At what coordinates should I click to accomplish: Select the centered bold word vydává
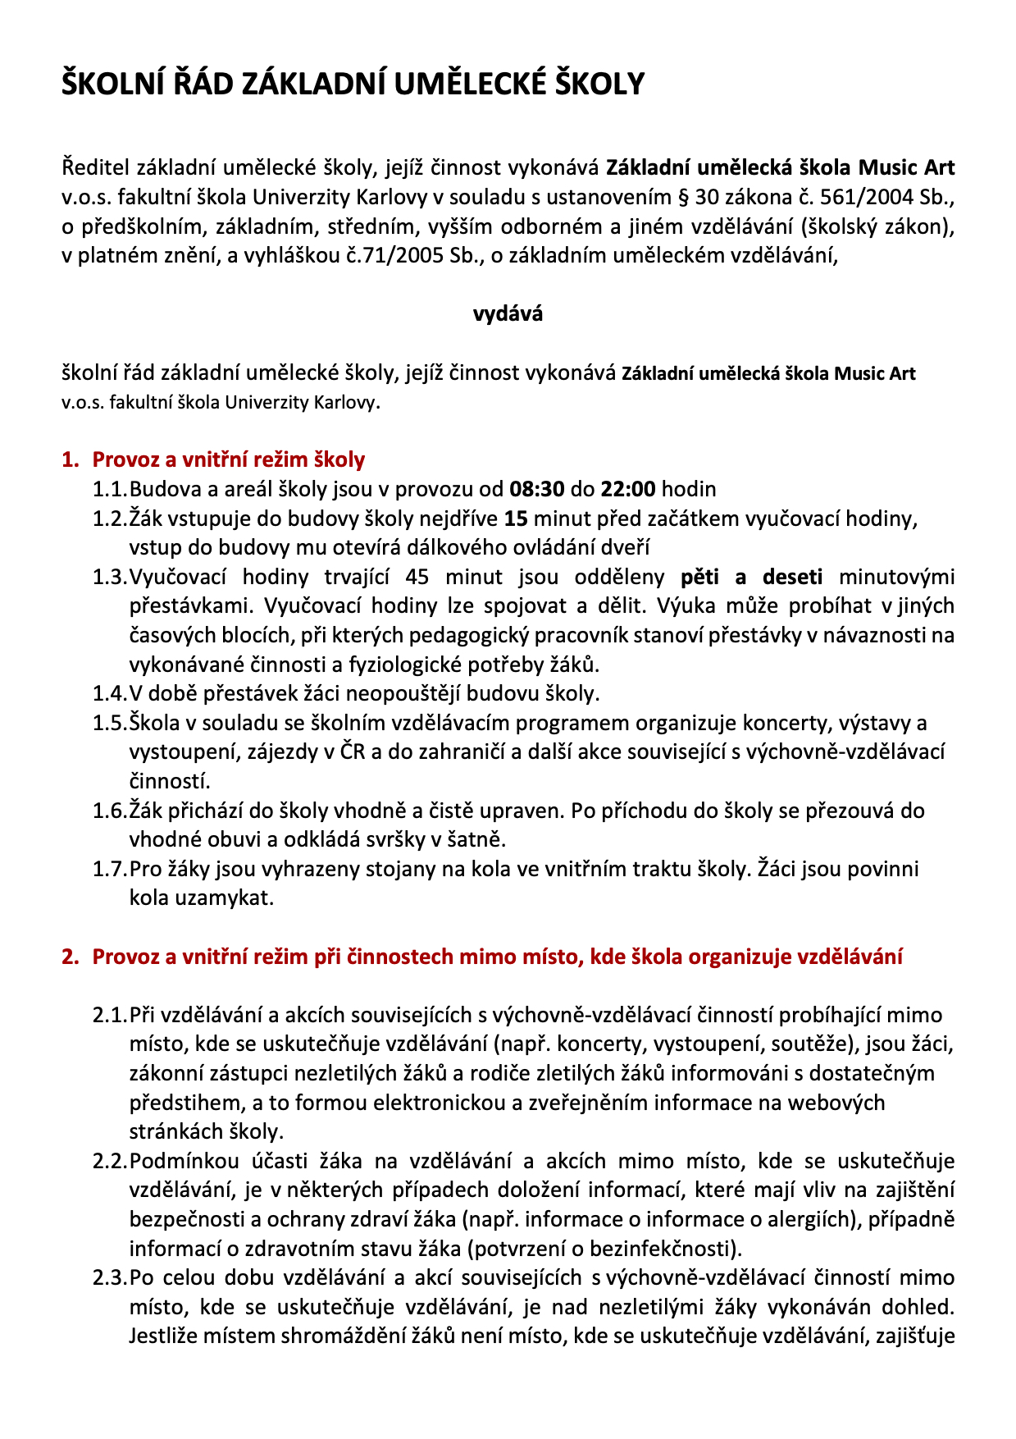coord(508,313)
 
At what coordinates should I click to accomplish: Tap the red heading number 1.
coord(70,459)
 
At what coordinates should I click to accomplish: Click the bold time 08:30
coord(536,490)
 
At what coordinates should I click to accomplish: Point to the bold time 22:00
coord(628,490)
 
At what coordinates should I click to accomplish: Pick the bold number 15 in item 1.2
coord(516,518)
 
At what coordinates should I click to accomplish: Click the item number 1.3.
coord(110,577)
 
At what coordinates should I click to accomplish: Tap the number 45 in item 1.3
coord(417,577)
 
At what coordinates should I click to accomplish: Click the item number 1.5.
coord(110,723)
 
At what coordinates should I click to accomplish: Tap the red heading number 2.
coord(70,957)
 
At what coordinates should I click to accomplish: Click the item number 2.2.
coord(110,1161)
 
